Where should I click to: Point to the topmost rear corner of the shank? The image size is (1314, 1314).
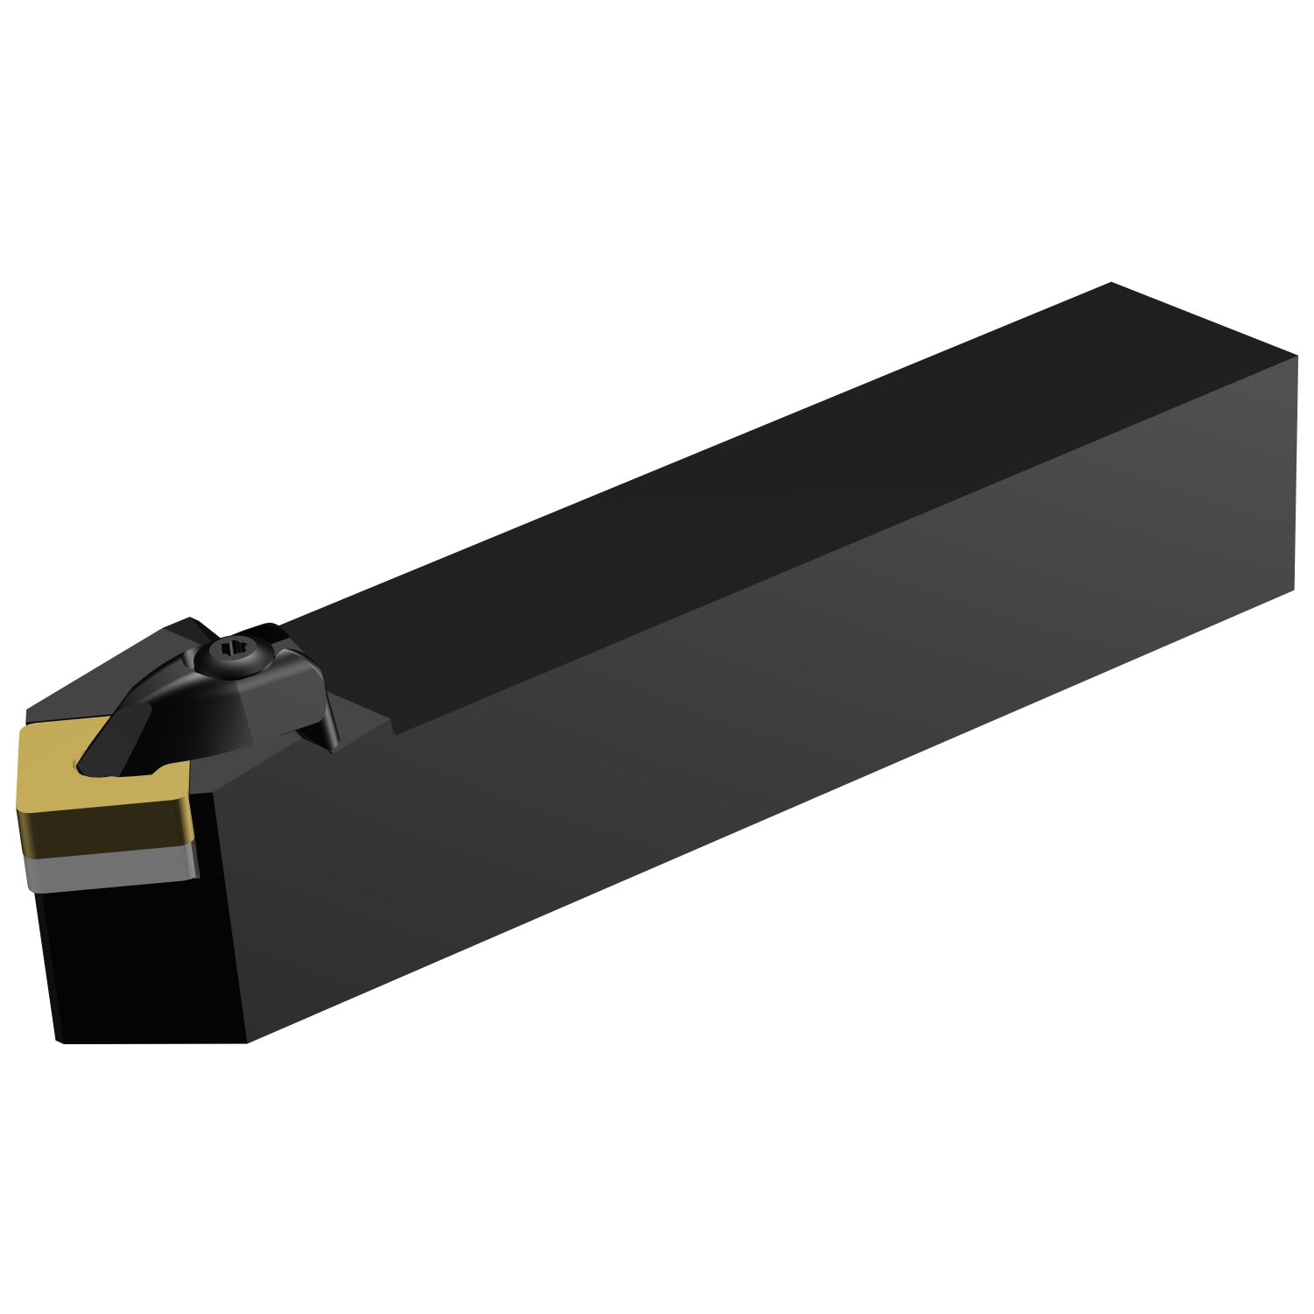[x=1111, y=283]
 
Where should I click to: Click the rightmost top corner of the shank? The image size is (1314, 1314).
[x=1296, y=356]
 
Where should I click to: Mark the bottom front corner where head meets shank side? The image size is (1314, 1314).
[x=248, y=1042]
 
